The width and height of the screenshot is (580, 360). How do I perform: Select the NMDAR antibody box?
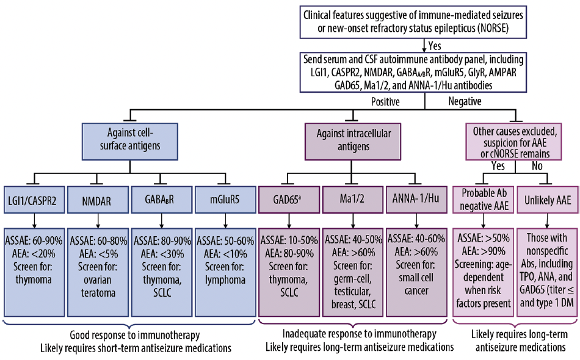tap(97, 199)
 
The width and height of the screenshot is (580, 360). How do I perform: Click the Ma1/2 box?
tap(352, 199)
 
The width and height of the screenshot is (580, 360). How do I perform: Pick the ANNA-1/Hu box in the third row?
tap(416, 199)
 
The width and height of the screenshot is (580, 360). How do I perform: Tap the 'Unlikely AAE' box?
tap(548, 199)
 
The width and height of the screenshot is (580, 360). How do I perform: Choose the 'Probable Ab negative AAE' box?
tap(483, 199)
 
